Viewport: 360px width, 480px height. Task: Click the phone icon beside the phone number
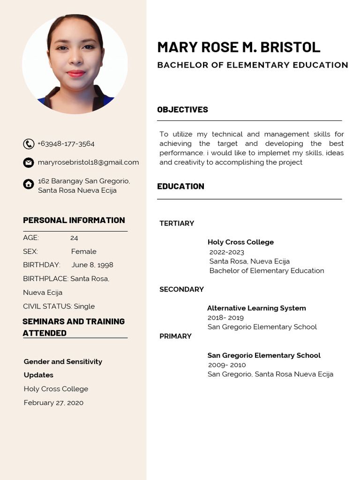click(x=29, y=144)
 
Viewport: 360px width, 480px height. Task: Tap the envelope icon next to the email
click(x=29, y=163)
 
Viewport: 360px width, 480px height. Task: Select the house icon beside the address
click(x=29, y=184)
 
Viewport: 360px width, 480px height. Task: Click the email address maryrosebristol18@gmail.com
click(x=88, y=162)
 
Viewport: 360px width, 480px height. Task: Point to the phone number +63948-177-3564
click(x=66, y=143)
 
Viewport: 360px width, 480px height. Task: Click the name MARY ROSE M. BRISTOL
click(x=239, y=47)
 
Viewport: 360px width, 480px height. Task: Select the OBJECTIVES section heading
click(x=182, y=110)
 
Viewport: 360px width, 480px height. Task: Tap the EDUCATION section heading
click(x=180, y=186)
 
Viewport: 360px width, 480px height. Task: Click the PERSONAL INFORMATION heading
click(x=74, y=220)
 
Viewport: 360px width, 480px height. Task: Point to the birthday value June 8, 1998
click(x=92, y=265)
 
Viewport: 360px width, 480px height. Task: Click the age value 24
click(x=74, y=238)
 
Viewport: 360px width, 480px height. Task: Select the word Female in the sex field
click(x=84, y=251)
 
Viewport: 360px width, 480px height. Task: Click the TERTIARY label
click(x=177, y=224)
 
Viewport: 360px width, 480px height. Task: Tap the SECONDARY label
click(x=181, y=289)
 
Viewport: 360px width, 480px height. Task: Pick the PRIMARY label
click(x=175, y=336)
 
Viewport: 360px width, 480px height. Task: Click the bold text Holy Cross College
click(x=240, y=242)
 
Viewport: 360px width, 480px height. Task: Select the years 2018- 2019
click(x=225, y=317)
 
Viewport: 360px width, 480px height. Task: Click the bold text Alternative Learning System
click(x=256, y=308)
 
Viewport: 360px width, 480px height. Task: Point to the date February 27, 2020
click(x=53, y=403)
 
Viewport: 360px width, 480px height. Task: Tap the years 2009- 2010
click(x=227, y=365)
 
